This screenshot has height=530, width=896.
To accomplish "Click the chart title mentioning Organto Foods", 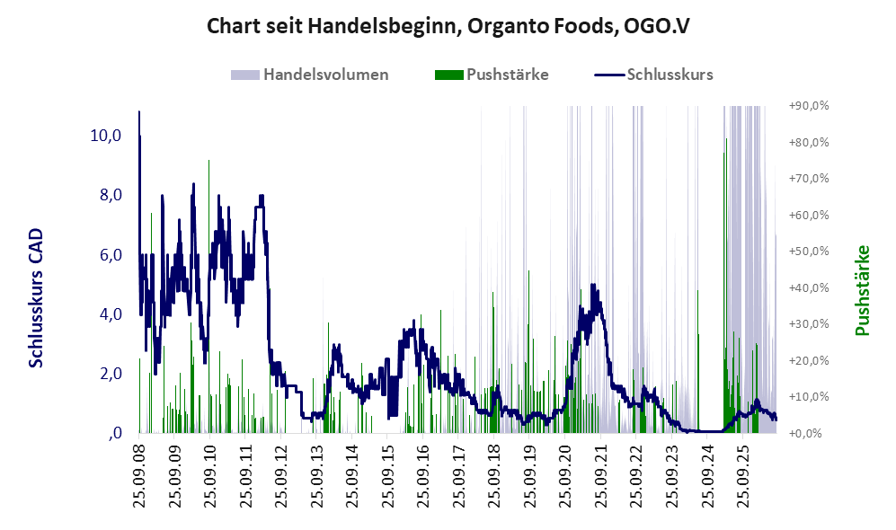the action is point(448,26).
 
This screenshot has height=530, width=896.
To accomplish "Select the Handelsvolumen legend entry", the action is point(310,75).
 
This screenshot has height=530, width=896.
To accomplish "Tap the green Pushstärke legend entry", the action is point(492,75).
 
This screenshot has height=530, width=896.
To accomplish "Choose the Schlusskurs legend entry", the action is point(653,75).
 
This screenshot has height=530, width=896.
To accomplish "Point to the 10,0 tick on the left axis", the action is point(106,136).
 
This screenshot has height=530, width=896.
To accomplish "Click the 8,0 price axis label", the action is point(111,195).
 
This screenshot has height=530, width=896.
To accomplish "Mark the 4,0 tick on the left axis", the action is point(111,314).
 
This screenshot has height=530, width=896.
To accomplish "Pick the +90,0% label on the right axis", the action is point(809,106).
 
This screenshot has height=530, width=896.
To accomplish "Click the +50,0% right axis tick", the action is point(809,252).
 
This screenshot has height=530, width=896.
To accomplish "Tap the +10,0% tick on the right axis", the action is point(809,396).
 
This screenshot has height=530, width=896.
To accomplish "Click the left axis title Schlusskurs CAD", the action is point(36,297).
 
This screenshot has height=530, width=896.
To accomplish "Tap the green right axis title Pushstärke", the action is point(862,290).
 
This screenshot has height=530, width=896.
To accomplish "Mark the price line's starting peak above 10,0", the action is point(139,112).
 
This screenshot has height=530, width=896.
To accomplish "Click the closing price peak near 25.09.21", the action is point(592,285).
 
